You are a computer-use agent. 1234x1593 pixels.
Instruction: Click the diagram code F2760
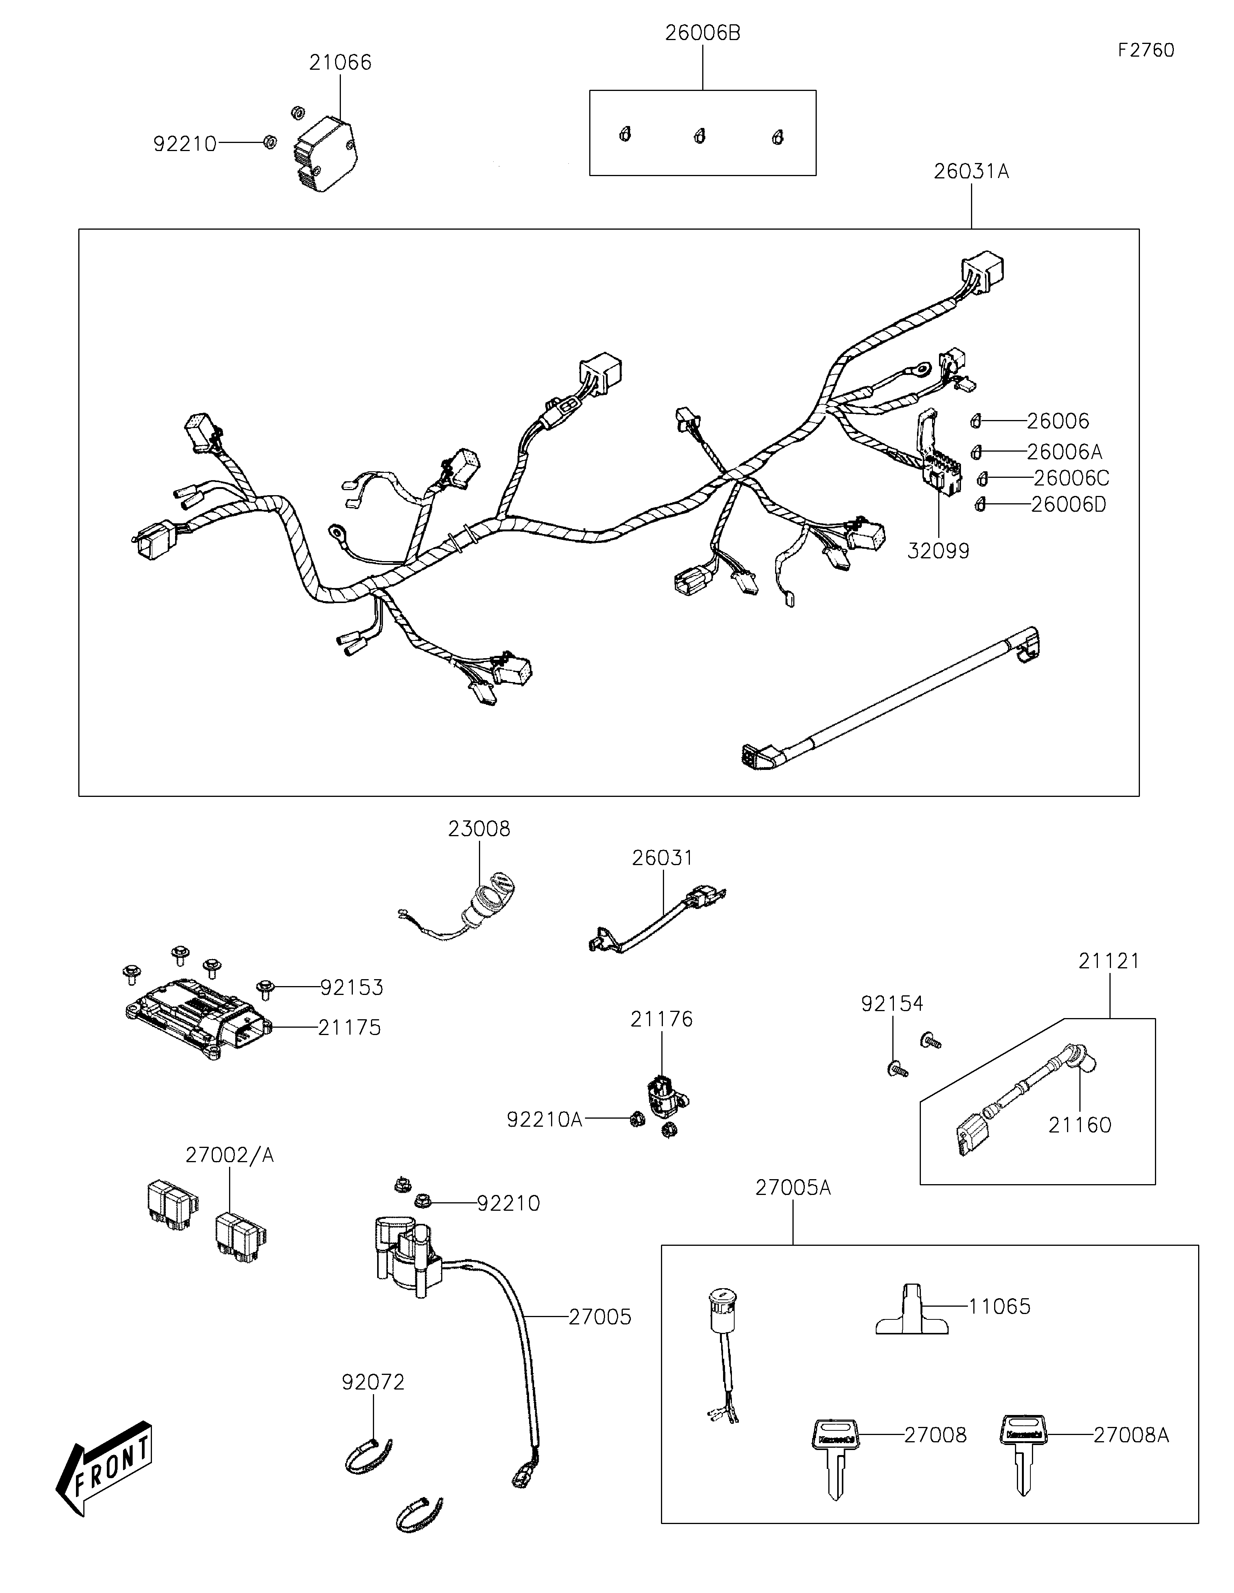[1146, 50]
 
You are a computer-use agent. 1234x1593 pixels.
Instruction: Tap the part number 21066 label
[340, 63]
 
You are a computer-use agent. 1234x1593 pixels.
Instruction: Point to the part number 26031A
[971, 171]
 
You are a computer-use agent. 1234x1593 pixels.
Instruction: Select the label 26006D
[1068, 505]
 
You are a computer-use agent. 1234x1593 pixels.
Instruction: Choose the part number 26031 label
[663, 858]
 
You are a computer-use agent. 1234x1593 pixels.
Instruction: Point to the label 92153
[352, 988]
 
